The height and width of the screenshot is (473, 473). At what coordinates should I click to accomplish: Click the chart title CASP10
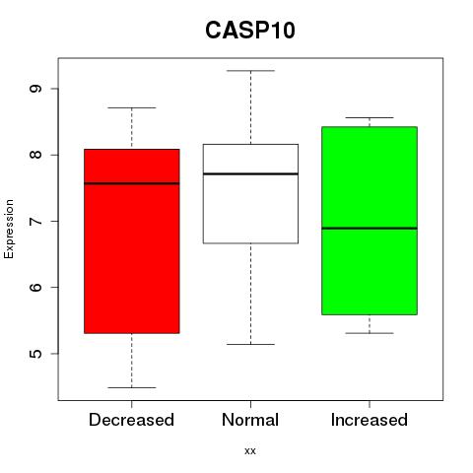tap(250, 30)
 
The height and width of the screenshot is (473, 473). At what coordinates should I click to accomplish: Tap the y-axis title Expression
tap(9, 229)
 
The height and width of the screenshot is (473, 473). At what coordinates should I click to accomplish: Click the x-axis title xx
tap(250, 450)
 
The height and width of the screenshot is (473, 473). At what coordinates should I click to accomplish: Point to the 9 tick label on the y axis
tap(35, 89)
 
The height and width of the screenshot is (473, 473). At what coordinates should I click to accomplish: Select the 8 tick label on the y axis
tap(35, 155)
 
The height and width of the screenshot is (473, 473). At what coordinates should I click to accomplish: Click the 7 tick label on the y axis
tap(35, 221)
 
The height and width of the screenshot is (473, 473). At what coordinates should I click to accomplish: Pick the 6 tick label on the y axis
tap(35, 287)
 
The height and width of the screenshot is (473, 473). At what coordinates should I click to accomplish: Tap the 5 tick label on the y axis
tap(35, 354)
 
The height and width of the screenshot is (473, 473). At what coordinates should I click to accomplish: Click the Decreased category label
tap(131, 420)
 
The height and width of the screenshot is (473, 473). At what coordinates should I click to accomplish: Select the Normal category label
tap(250, 420)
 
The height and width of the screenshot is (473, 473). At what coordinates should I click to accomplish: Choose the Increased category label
tap(370, 420)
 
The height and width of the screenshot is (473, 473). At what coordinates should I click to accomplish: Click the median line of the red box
tap(132, 183)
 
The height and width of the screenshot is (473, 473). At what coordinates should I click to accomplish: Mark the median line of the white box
tap(250, 173)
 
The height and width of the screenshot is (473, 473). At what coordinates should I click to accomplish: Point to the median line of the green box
tap(370, 228)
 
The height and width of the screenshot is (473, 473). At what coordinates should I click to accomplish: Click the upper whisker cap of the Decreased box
tap(132, 107)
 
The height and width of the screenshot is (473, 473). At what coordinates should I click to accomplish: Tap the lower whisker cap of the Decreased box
tap(132, 387)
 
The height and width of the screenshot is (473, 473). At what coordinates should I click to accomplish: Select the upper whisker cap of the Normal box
tap(250, 71)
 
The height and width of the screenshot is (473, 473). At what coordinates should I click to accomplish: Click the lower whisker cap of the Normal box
tap(250, 344)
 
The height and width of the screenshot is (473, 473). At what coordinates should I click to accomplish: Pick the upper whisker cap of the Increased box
tap(370, 117)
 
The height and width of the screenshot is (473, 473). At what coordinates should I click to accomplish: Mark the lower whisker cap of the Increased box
tap(370, 333)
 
